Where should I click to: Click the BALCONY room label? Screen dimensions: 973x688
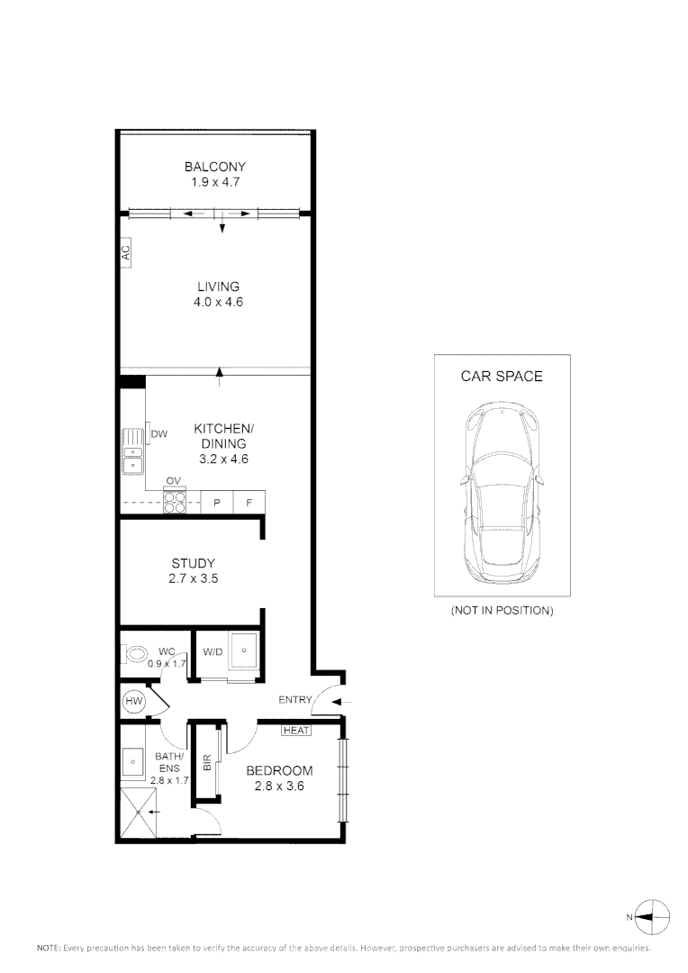pos(214,167)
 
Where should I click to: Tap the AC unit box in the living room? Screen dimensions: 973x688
pos(126,253)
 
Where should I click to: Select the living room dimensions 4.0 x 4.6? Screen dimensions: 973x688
pos(218,303)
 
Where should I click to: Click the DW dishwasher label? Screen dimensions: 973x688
pos(159,434)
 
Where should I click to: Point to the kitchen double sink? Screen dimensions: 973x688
pos(132,451)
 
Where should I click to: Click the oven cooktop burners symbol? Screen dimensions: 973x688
pos(174,501)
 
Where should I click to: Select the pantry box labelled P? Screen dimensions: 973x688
pos(216,503)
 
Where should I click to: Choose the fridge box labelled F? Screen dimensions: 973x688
pos(249,503)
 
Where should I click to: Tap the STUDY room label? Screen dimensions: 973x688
pos(193,564)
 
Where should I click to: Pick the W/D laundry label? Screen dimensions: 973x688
pos(213,650)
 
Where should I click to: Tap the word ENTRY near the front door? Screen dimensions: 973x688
pos(294,700)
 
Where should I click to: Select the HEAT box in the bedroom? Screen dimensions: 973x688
pos(296,731)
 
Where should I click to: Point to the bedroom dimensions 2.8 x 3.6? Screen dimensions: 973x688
pos(279,787)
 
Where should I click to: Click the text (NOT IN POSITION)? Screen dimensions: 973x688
pos(502,611)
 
